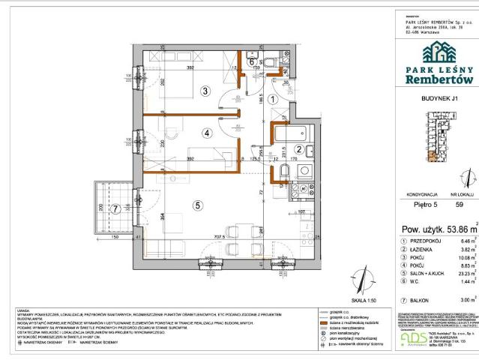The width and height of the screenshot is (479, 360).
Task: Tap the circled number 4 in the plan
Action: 205,135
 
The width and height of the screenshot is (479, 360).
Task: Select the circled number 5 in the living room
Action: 198,203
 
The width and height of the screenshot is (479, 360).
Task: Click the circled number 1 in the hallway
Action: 274,98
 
